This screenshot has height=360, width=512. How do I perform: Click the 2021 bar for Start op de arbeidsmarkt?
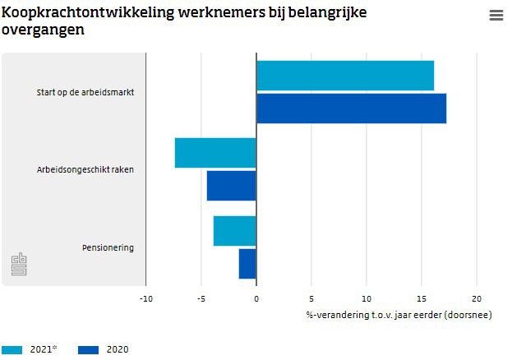pyautogui.click(x=345, y=76)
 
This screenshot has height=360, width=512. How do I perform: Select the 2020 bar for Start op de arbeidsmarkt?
pyautogui.click(x=351, y=108)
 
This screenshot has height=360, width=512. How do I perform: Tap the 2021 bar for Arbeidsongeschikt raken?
pyautogui.click(x=215, y=153)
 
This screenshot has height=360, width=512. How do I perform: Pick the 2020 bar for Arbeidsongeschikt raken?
pyautogui.click(x=231, y=186)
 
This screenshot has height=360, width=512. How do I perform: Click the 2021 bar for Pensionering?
pyautogui.click(x=234, y=231)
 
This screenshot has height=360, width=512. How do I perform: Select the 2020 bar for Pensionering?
pyautogui.click(x=247, y=264)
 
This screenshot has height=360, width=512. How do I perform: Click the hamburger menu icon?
pyautogui.click(x=496, y=16)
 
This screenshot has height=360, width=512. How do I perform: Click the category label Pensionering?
pyautogui.click(x=108, y=247)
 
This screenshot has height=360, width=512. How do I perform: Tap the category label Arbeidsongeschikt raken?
pyautogui.click(x=85, y=170)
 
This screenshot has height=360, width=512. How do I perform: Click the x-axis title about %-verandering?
pyautogui.click(x=399, y=314)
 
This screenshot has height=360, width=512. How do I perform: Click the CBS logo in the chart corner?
pyautogui.click(x=19, y=265)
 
